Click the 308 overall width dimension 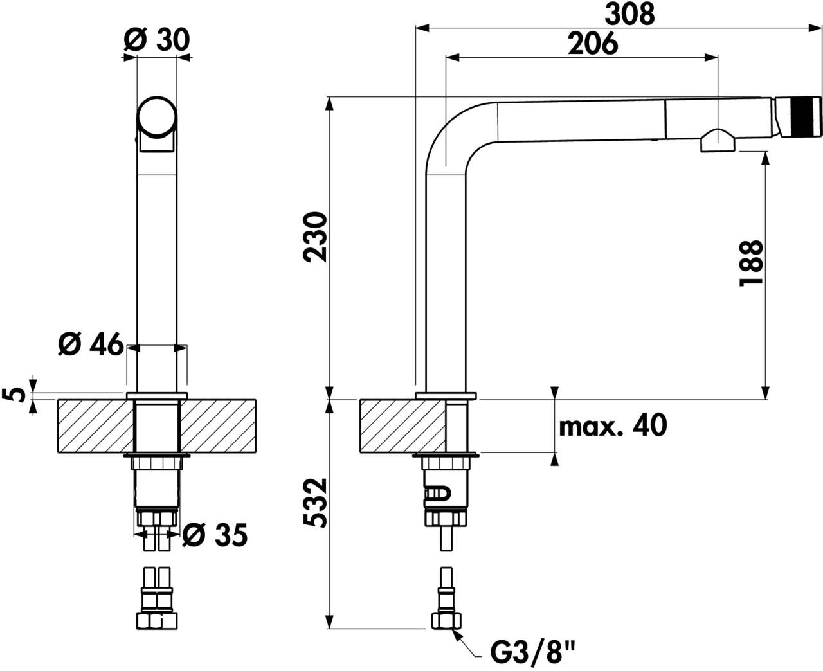click(x=629, y=15)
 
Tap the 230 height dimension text click(x=315, y=237)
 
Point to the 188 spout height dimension click(x=750, y=264)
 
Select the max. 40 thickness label click(x=613, y=425)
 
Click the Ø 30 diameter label click(x=157, y=40)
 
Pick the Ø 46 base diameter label click(x=91, y=344)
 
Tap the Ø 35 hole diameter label click(x=215, y=535)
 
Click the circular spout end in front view click(x=157, y=117)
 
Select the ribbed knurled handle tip click(x=799, y=116)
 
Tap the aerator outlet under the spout click(x=718, y=141)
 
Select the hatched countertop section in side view click(x=402, y=426)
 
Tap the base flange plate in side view click(x=446, y=396)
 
